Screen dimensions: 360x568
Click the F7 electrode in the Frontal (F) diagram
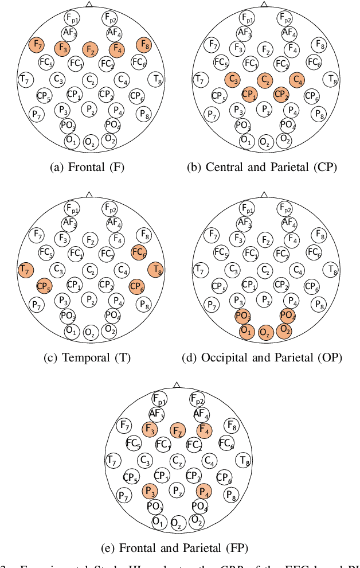tap(37, 45)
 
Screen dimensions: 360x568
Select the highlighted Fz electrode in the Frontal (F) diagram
tap(91, 50)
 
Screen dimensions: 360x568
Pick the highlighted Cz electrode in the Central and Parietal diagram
tap(265, 80)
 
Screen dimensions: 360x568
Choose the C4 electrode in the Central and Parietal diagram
tap(297, 80)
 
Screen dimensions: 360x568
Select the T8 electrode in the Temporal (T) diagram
tap(156, 270)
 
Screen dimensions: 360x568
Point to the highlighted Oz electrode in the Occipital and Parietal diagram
tap(265, 333)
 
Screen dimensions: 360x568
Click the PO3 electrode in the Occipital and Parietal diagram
tap(243, 316)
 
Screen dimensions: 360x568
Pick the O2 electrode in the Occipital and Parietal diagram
tap(284, 330)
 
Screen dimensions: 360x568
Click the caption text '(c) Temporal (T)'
tap(87, 358)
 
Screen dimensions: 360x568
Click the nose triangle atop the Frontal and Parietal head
tap(177, 385)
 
